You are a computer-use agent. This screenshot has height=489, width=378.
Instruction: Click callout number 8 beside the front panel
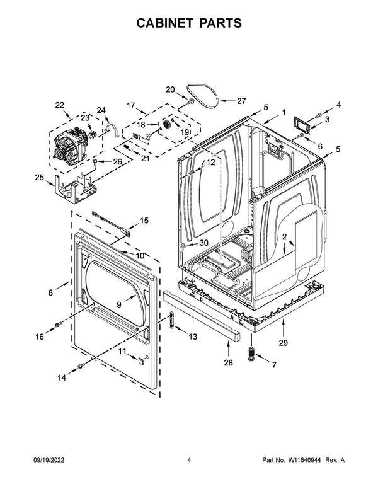point(51,292)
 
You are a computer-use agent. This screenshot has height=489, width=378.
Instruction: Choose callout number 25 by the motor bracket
point(39,178)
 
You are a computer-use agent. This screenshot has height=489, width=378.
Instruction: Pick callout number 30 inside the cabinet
point(203,243)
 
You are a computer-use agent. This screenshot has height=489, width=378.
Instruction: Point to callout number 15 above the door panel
point(144,221)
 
